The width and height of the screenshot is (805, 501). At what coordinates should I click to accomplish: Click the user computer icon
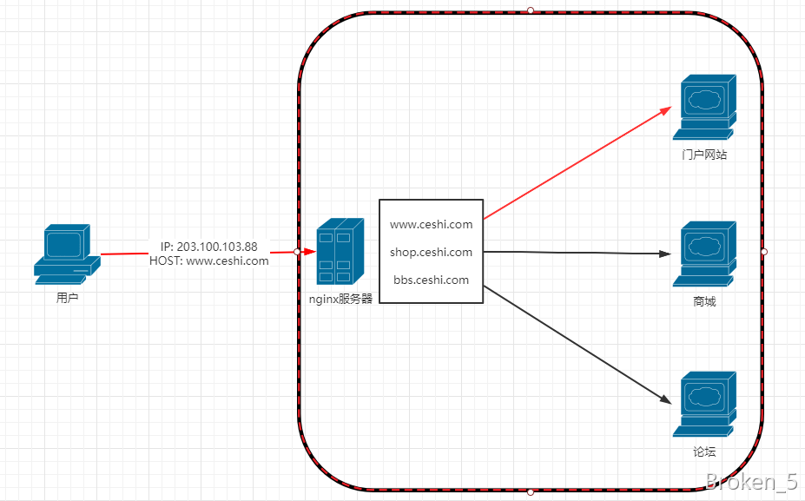(63, 254)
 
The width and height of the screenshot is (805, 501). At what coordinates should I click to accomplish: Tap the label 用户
(68, 298)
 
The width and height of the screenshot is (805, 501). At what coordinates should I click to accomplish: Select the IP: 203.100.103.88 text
(208, 247)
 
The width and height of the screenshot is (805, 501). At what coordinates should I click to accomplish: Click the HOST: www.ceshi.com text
(208, 260)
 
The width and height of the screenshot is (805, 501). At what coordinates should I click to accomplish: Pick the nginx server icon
(339, 251)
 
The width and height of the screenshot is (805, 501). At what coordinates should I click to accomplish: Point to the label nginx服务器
(340, 298)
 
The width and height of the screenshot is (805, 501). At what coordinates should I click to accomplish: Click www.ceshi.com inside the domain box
(431, 224)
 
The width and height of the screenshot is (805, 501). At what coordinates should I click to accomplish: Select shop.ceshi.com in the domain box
(431, 252)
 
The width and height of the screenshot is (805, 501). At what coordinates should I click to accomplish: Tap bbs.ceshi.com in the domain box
(431, 280)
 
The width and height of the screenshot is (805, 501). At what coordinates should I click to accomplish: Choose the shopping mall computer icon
(704, 253)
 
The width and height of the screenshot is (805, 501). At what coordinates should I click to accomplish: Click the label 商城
(704, 302)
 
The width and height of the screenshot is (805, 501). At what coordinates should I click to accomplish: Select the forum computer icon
(704, 403)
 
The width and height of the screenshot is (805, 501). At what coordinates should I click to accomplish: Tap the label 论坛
(704, 452)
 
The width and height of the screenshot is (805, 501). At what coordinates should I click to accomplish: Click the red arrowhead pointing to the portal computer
(667, 109)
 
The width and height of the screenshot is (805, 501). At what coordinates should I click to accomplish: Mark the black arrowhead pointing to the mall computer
(665, 254)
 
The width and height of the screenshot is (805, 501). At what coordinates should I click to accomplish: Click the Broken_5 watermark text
(751, 483)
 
